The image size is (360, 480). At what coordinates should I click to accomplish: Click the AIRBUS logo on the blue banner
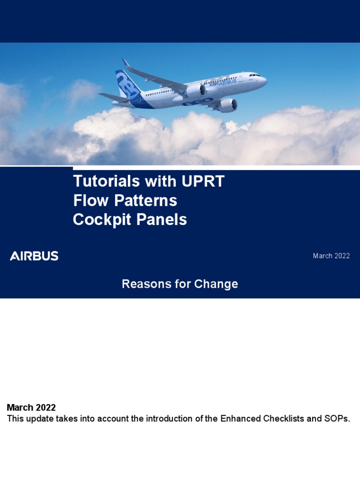(34, 256)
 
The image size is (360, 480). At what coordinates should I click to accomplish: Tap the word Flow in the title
(89, 201)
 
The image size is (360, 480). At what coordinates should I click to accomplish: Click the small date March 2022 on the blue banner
(331, 256)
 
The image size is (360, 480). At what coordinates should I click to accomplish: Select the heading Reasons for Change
(180, 284)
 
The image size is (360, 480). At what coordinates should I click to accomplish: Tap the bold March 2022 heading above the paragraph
(31, 407)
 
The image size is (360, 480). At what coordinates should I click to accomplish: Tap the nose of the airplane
(265, 81)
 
